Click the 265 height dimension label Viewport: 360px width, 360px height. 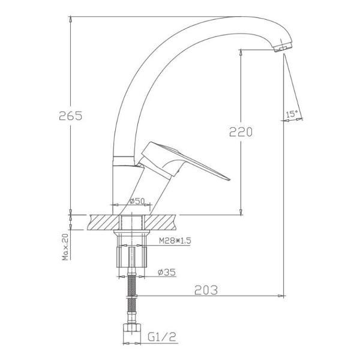pos(70,115)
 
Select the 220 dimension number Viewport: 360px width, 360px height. pos(241,132)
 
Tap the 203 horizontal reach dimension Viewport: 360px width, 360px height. pos(206,290)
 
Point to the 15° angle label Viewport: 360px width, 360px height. pos(292,113)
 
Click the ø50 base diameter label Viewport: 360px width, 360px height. pos(137,201)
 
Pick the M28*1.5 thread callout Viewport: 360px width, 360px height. pos(175,241)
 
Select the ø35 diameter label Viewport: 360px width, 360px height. pos(166,272)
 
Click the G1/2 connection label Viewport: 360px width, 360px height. pos(161,337)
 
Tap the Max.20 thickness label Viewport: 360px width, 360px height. pos(65,247)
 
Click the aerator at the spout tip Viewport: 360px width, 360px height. pos(283,47)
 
